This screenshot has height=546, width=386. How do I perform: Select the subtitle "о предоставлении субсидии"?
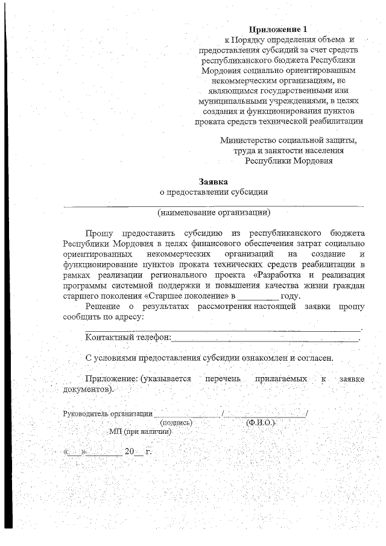point(214,192)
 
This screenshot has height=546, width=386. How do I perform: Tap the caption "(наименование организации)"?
point(214,212)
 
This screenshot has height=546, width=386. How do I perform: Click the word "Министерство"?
point(248,141)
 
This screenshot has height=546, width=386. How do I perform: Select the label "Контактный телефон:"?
point(128,337)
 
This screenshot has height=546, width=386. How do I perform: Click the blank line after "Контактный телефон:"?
point(265,338)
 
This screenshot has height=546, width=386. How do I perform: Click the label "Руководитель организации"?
point(107,414)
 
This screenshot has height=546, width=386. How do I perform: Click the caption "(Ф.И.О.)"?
point(261,423)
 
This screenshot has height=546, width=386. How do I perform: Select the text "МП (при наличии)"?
point(140,432)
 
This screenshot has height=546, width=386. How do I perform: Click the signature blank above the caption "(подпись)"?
point(188,414)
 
